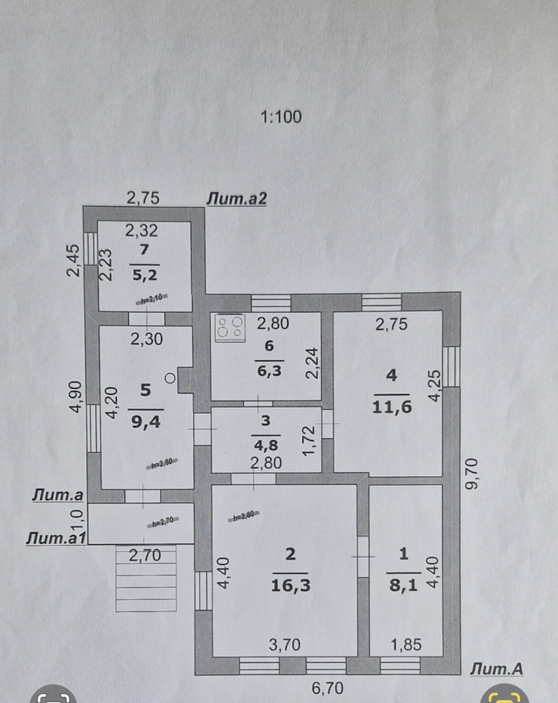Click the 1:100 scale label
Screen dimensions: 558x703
coord(281,117)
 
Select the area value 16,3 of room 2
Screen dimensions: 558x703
coord(291,585)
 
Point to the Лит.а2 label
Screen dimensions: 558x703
coord(237,198)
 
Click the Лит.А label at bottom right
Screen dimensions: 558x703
coord(496,669)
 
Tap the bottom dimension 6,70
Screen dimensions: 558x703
coord(327,688)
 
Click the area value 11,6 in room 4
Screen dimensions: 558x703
coord(392,407)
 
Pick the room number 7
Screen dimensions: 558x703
coord(144,249)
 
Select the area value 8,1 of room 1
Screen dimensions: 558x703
coord(404,586)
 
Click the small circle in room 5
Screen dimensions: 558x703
coord(170,378)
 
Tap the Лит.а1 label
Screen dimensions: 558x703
coord(56,538)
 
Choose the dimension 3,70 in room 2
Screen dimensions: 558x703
coord(284,645)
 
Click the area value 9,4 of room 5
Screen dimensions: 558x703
coord(146,422)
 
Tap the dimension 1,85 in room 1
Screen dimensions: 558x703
coord(406,645)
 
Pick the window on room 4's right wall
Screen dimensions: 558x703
coord(451,366)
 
